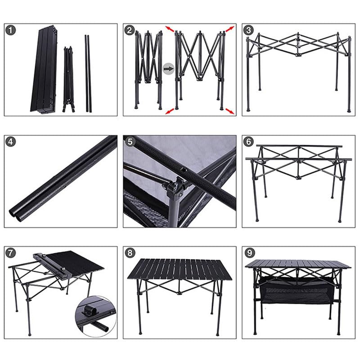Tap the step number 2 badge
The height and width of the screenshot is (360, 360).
coord(130,31)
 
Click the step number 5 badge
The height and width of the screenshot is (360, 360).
coord(130,142)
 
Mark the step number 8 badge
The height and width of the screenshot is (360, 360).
coord(130,253)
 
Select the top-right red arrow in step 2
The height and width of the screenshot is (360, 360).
coord(229,29)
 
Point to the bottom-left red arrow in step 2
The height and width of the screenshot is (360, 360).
coord(169,111)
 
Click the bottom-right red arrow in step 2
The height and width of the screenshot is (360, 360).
coord(230,110)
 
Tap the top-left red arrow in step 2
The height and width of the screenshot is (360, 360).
coord(170,29)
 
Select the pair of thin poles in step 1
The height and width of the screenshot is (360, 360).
coord(88,72)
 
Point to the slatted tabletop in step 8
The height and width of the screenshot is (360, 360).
coord(180,269)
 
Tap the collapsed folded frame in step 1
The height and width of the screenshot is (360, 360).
coord(68,79)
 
